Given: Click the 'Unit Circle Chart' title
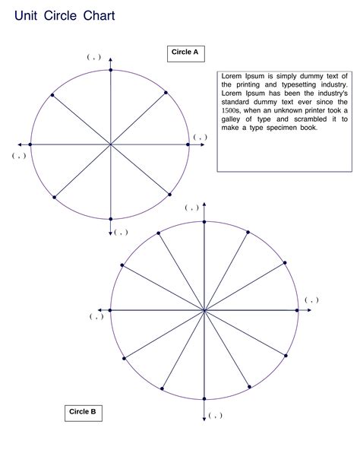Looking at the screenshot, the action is [64, 15].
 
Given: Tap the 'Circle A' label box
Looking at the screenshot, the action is [185, 52].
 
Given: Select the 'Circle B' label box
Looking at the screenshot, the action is [82, 412].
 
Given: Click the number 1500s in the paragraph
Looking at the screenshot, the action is [231, 110].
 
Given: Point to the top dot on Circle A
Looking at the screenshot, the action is [111, 70].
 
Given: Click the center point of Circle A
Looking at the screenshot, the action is [111, 144].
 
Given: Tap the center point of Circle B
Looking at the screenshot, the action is [204, 310].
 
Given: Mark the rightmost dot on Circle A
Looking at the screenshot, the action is [188, 144].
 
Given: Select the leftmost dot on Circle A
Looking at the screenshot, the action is [30, 144].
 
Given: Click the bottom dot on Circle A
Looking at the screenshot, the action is [111, 219].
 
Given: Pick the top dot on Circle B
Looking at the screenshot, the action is [204, 221].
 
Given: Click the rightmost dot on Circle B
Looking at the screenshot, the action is [297, 310].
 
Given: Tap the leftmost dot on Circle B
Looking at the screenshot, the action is [111, 310].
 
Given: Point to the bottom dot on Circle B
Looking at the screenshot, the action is [204, 399].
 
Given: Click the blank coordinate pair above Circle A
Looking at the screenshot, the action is [93, 57].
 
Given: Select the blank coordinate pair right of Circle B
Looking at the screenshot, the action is [311, 300].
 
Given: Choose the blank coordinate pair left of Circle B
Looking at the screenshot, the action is [96, 316].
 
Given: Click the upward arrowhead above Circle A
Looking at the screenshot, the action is [111, 59].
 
